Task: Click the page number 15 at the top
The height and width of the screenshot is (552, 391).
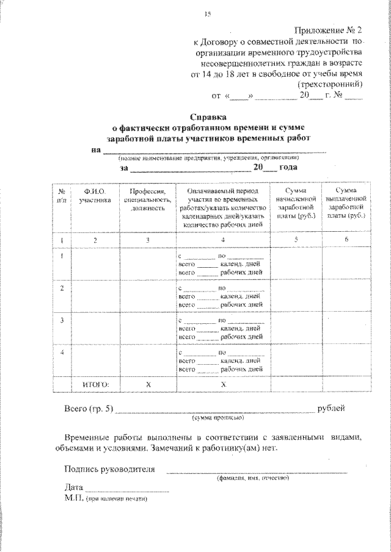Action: point(207,14)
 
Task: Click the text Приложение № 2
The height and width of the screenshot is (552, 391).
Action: point(329,30)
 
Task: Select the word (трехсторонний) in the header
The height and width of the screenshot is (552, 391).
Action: point(330,85)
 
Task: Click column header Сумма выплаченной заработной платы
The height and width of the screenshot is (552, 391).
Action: point(346,204)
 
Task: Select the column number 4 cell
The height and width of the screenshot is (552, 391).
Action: point(222,240)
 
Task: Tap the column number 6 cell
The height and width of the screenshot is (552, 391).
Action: point(346,240)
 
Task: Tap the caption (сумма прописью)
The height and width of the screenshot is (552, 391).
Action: point(218,418)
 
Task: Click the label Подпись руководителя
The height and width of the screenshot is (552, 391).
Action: point(109,469)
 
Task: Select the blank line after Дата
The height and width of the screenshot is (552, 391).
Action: point(127,489)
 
